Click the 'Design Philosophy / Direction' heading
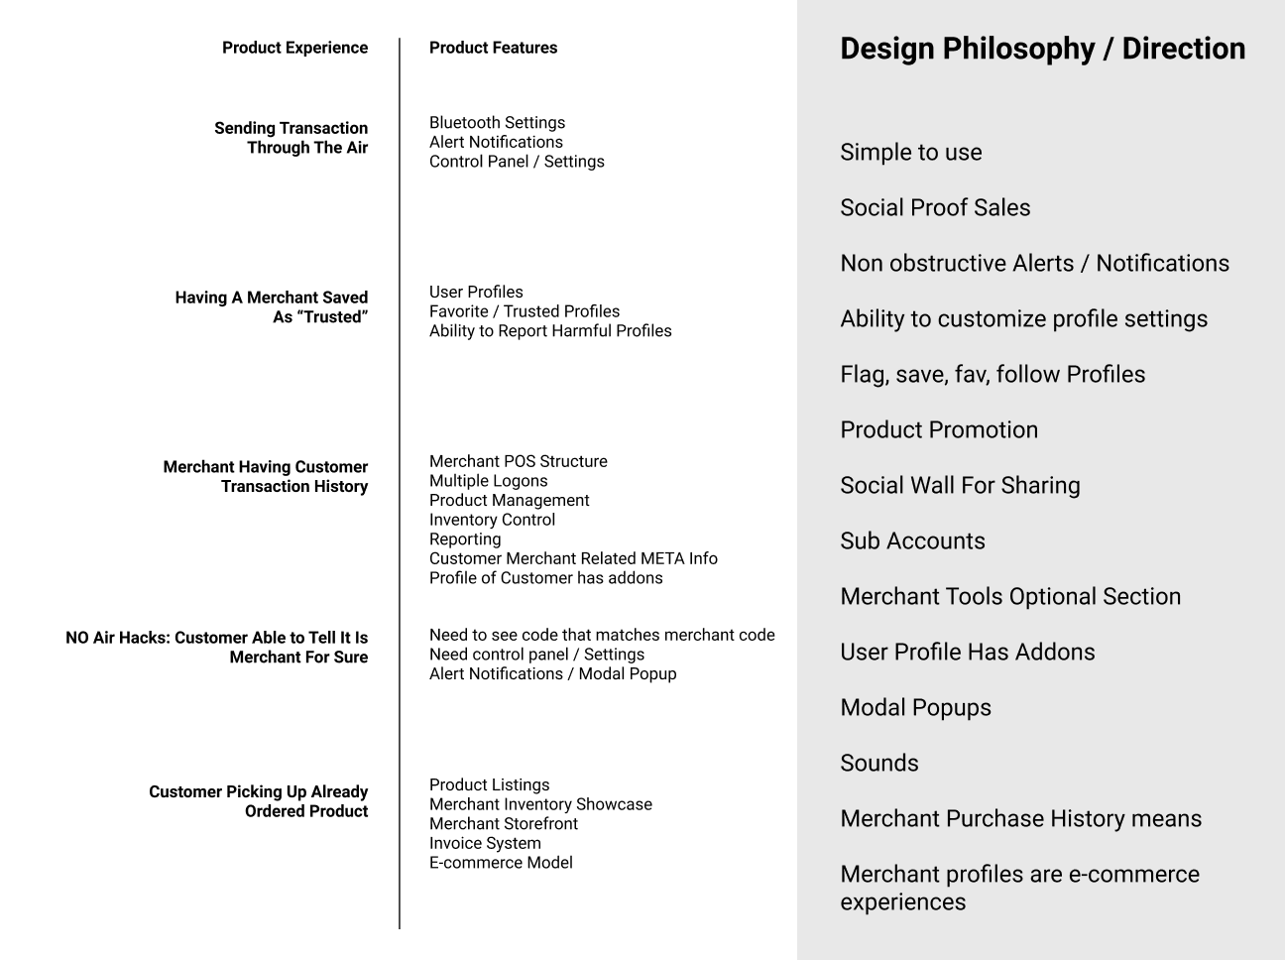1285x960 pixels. click(x=1042, y=49)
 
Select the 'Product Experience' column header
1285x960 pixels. click(x=294, y=48)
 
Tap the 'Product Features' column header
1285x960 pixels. click(x=493, y=48)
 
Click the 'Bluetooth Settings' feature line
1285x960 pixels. click(x=497, y=123)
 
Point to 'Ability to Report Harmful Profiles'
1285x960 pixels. click(x=550, y=331)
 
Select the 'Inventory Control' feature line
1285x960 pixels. click(x=492, y=520)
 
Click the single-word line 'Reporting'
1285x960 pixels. click(x=465, y=540)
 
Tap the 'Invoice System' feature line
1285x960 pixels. click(x=485, y=844)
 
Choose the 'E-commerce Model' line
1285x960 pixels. click(x=501, y=863)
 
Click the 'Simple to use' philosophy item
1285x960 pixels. click(x=910, y=153)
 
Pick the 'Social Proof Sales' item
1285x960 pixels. click(x=935, y=208)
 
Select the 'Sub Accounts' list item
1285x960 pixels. click(x=912, y=541)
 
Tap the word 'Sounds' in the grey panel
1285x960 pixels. click(x=878, y=764)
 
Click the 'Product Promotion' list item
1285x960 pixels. click(x=939, y=430)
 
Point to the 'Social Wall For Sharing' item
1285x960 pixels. click(x=960, y=486)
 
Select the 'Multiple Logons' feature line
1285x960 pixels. click(x=488, y=481)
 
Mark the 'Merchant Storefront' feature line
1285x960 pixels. click(x=503, y=824)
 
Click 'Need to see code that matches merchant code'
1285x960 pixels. click(x=602, y=636)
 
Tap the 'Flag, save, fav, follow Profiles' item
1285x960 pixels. click(x=993, y=375)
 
